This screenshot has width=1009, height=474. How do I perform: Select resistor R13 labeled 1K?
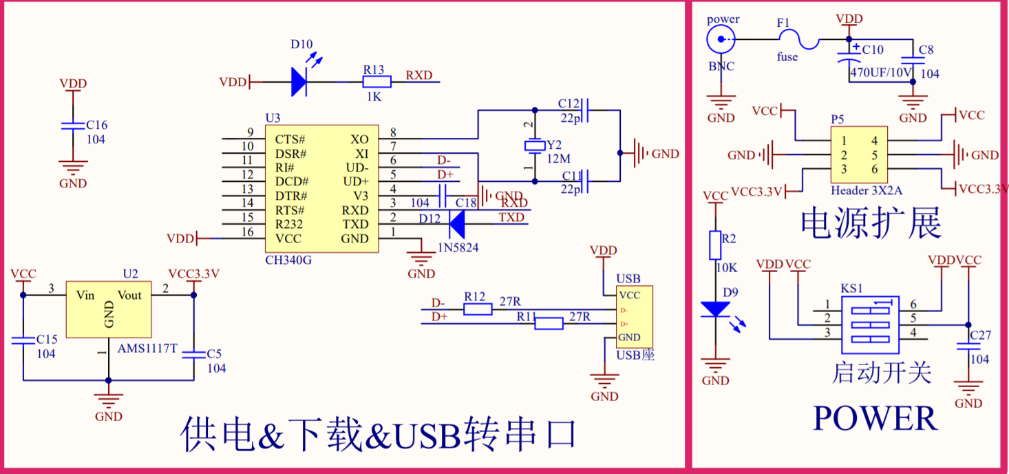click(x=376, y=82)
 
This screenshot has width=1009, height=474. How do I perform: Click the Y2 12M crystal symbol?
click(x=533, y=145)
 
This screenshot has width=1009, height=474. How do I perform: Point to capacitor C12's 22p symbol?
click(x=586, y=109)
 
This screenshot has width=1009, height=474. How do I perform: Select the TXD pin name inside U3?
click(x=355, y=225)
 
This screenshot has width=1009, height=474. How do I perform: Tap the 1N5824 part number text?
click(x=458, y=247)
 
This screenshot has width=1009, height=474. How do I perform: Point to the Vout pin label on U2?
click(x=129, y=295)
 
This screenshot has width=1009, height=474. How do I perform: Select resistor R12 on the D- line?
click(x=478, y=309)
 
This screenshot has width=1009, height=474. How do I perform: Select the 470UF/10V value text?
click(x=880, y=72)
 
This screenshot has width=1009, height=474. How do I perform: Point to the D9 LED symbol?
click(x=716, y=309)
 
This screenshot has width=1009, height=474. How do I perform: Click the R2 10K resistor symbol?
click(x=716, y=245)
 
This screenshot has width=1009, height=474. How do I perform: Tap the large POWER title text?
click(x=874, y=418)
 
